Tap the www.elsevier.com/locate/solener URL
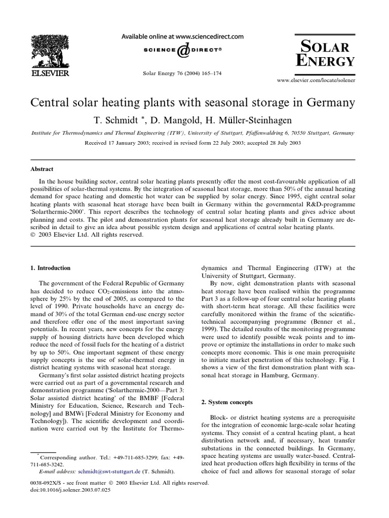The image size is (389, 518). [315, 80]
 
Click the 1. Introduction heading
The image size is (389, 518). [51, 268]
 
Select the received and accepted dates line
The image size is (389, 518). [192, 143]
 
